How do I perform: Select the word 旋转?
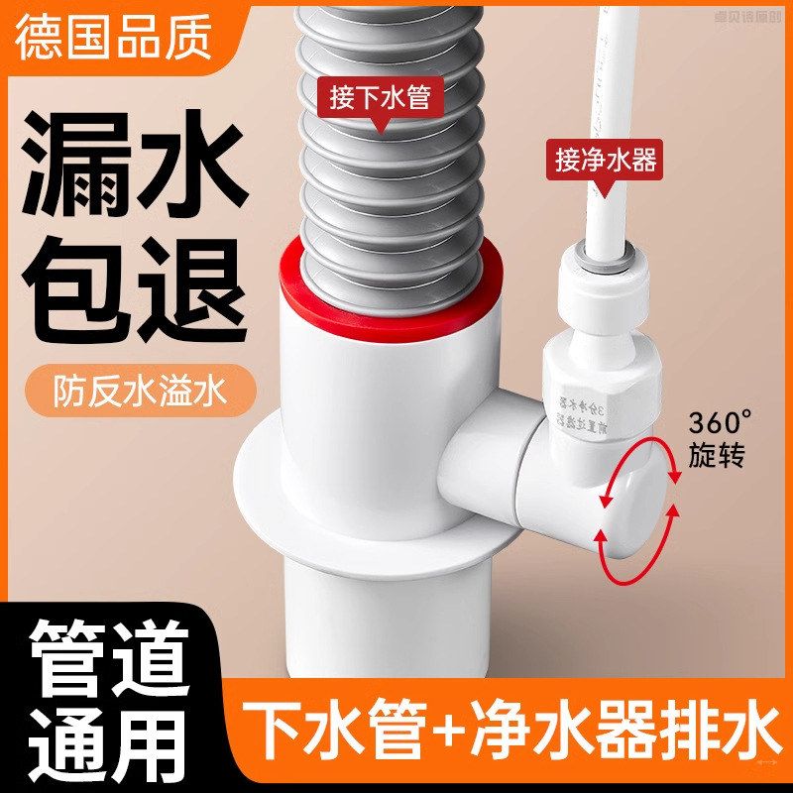pos(716,456)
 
